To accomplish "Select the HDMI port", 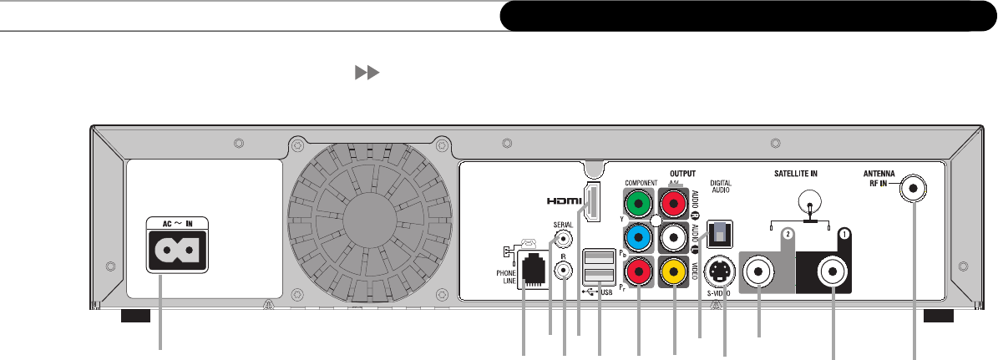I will (593, 203).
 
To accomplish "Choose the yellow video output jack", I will (674, 271).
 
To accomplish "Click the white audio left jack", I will (674, 237).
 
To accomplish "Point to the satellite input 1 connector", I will (835, 271).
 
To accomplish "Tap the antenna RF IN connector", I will (914, 190).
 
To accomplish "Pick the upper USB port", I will (599, 256).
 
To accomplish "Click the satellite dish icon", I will (808, 203).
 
